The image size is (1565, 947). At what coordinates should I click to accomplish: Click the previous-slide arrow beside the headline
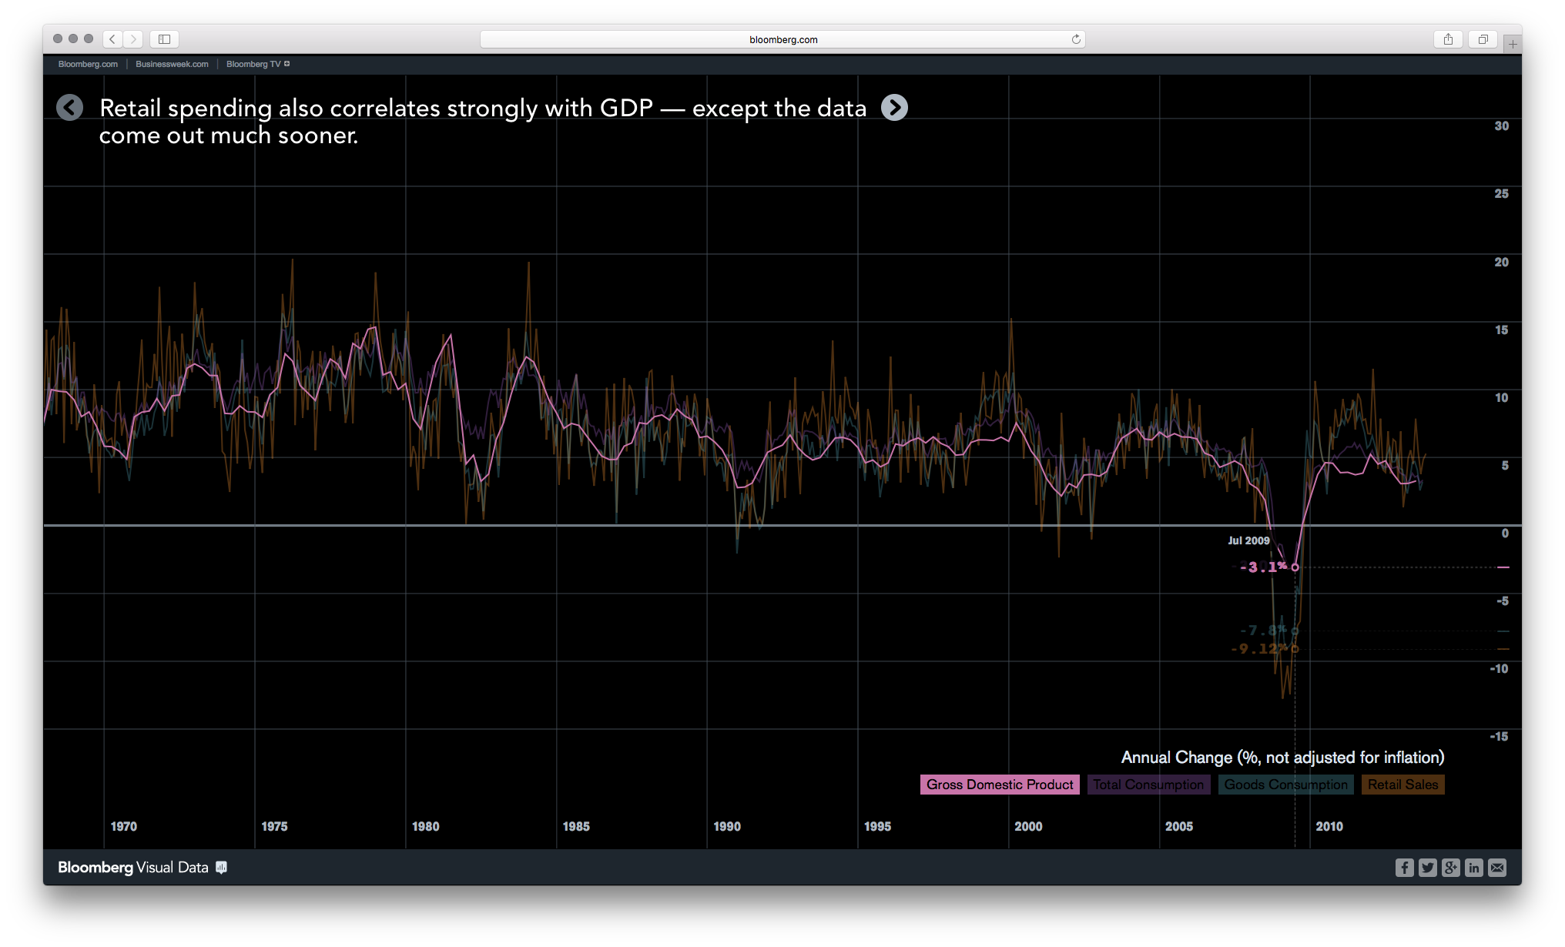point(69,108)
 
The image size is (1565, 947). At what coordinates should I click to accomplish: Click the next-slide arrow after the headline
point(894,108)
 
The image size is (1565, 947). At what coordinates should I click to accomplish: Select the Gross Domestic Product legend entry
point(999,785)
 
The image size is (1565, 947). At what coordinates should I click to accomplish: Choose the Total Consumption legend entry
point(1148,785)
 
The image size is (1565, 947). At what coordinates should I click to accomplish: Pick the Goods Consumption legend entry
point(1285,785)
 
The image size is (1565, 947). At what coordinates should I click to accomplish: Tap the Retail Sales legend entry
point(1402,785)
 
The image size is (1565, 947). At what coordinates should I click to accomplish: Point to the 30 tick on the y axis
point(1501,126)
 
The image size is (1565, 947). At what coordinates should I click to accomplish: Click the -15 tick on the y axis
point(1499,737)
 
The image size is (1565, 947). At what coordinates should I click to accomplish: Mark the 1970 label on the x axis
point(123,826)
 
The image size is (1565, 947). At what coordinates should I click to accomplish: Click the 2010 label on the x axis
point(1329,826)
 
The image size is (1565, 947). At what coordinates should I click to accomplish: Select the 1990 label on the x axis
point(726,826)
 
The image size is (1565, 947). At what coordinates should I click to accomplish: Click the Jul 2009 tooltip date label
point(1248,540)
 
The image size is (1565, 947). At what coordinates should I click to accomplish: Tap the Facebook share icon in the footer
point(1404,868)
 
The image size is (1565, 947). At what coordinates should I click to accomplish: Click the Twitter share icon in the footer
point(1427,868)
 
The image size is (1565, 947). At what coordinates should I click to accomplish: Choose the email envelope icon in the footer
point(1496,868)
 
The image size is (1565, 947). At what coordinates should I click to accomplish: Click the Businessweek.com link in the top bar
point(172,64)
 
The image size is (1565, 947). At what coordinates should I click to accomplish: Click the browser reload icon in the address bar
point(1076,39)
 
